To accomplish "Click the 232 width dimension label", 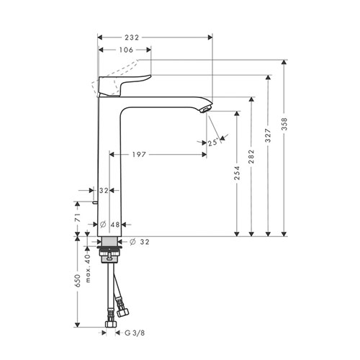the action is pos(132,37).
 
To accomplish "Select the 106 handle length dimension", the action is pos(126,50).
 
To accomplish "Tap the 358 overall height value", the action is pos(284,124).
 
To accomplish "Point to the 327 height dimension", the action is pos(268,135).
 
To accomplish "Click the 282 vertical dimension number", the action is pos(251,156).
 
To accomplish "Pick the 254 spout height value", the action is pos(237,173).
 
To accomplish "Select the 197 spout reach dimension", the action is pos(139,155).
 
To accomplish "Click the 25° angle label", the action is pos(213,143).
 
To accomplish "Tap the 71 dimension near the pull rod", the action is pos(77,217).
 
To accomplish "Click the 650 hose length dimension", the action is pos(77,281).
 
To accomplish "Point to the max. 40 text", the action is pos(88,268).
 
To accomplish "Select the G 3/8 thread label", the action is pos(135,333).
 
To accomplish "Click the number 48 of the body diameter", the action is pos(115,225).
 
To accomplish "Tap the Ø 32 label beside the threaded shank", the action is pos(140,242).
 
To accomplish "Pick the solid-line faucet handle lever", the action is pos(125,85).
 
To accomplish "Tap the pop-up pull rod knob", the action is pos(95,203).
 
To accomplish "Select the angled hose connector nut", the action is pos(122,312).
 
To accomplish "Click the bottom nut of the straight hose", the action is pos(111,324).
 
